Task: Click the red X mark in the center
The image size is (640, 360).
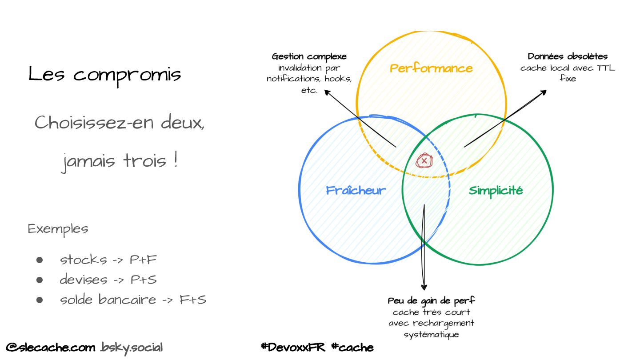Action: click(424, 160)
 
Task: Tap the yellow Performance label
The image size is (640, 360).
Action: click(431, 68)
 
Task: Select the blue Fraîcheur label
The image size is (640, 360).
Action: click(356, 190)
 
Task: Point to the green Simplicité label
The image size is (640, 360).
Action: click(496, 190)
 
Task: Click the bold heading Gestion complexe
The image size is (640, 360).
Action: click(309, 56)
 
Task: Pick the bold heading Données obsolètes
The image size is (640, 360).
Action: click(568, 56)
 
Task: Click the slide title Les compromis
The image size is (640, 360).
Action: click(105, 74)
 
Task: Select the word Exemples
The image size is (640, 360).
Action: click(58, 229)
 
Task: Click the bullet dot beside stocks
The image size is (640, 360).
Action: click(40, 260)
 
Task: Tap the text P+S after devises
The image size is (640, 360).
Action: click(144, 280)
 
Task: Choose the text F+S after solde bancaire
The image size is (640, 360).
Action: click(193, 300)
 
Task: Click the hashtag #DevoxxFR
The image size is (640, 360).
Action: click(293, 347)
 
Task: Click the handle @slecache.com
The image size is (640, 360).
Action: click(51, 347)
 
